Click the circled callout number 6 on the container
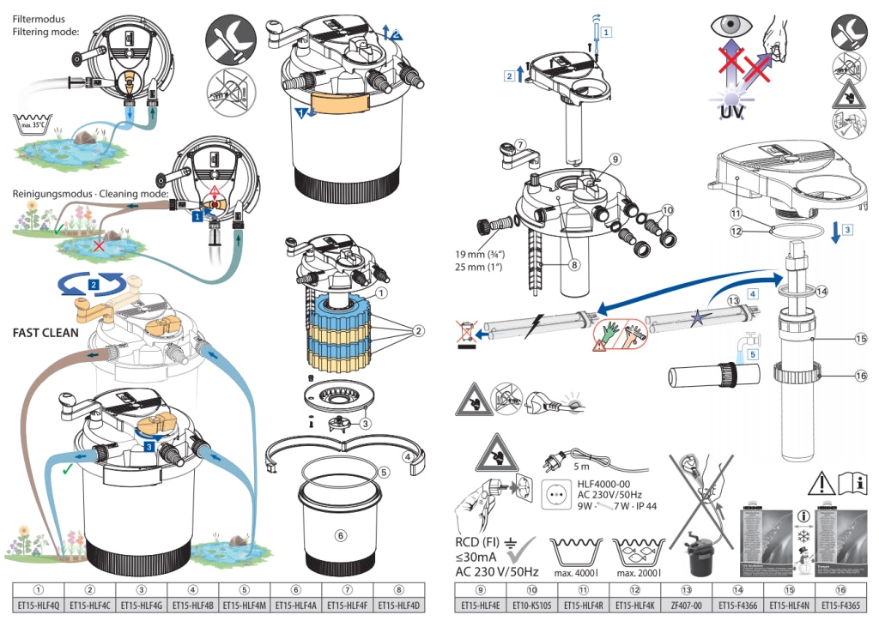click(x=341, y=535)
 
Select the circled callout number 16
click(x=861, y=375)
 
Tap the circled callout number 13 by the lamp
click(x=733, y=300)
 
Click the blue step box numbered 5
click(x=753, y=353)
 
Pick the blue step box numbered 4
click(x=753, y=292)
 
